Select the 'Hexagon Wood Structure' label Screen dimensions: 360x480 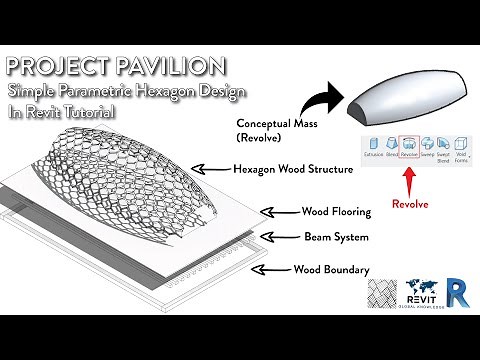(292, 170)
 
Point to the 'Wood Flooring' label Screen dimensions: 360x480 (336, 212)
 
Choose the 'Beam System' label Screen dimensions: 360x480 (338, 238)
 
